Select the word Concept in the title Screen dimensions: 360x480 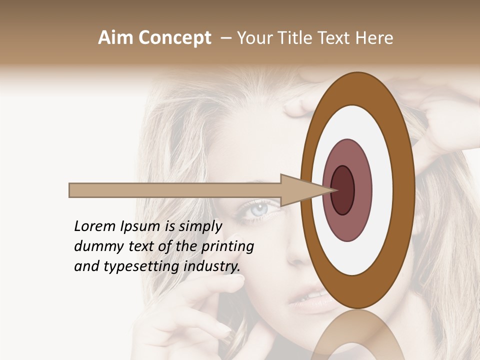coord(174,38)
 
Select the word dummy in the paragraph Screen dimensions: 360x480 coord(95,246)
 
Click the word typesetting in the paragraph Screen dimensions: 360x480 coord(132,267)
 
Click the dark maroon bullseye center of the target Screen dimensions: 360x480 coord(342,190)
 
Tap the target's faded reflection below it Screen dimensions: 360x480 coord(357,335)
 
